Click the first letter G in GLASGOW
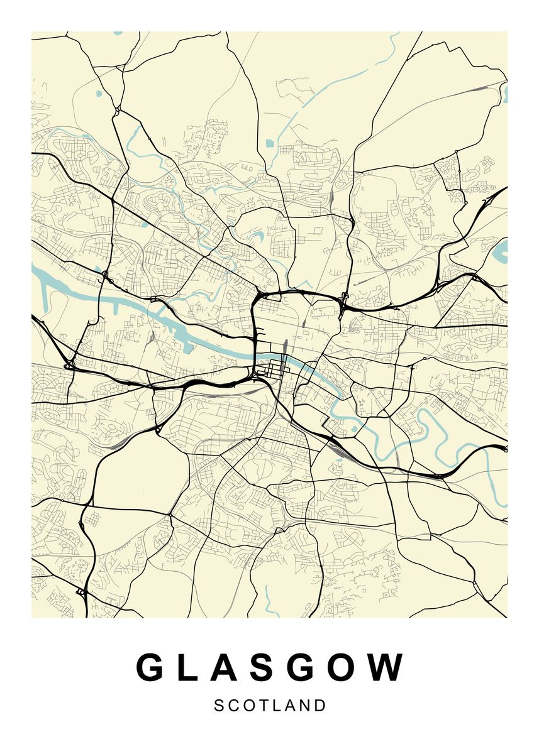150,667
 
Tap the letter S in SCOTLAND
219,706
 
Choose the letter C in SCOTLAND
233,706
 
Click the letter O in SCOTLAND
248,706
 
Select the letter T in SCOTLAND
263,706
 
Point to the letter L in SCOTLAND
277,706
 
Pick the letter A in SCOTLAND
290,706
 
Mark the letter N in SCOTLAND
305,706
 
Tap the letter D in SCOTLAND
321,706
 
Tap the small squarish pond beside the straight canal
270,143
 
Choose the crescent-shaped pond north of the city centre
258,238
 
